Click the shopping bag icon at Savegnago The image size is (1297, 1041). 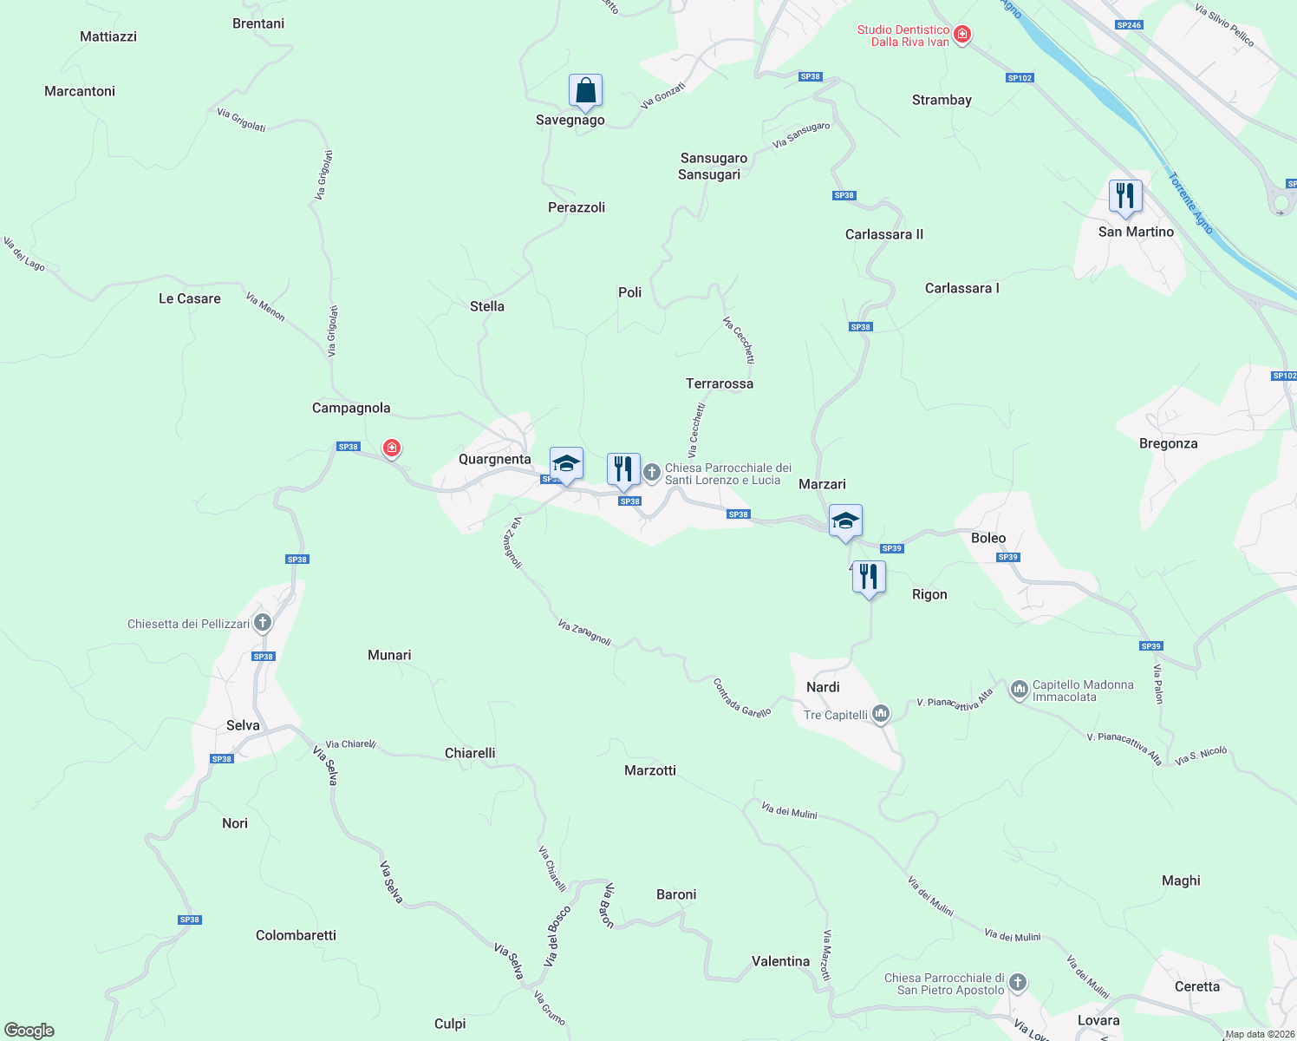(585, 91)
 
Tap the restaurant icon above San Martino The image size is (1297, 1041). (1124, 196)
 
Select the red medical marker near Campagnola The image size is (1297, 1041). (392, 448)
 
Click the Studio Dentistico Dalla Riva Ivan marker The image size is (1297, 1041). (961, 35)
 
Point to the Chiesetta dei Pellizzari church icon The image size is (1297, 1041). (263, 623)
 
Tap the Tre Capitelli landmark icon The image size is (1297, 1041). (881, 714)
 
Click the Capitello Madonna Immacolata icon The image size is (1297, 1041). (1019, 691)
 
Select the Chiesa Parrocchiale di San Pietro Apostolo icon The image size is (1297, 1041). (1018, 983)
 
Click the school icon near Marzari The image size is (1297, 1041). (845, 521)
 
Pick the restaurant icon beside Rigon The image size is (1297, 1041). (869, 577)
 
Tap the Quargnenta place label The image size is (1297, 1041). (494, 459)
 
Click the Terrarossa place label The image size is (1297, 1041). (720, 383)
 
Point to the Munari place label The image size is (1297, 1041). (389, 655)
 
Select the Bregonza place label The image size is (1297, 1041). (1168, 443)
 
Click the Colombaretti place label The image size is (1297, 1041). (296, 935)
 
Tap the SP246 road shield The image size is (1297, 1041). (1129, 25)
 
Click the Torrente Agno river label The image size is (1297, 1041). (1190, 203)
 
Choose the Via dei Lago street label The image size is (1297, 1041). (23, 253)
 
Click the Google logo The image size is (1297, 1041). (29, 1030)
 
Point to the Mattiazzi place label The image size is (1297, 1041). (108, 36)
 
